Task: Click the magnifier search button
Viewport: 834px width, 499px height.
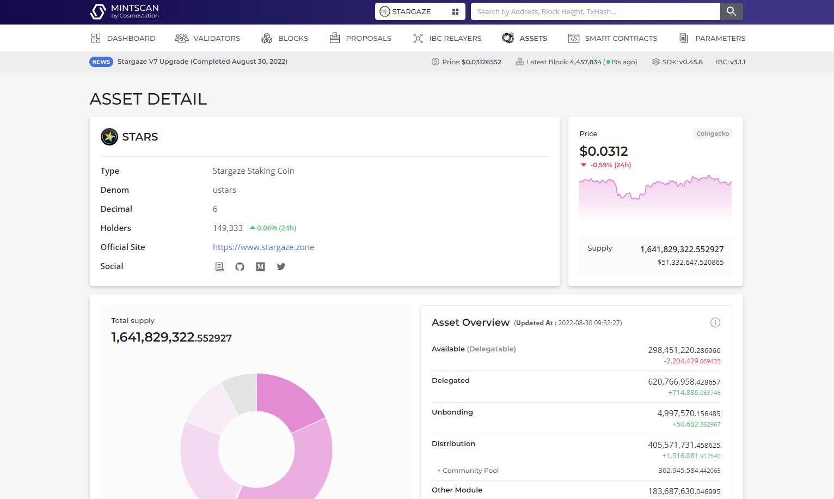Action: click(x=731, y=11)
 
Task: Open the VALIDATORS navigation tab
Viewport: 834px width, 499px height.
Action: click(x=207, y=38)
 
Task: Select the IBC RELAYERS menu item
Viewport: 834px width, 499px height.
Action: click(x=447, y=38)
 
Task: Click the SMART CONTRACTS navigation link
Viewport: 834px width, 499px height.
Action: click(x=612, y=38)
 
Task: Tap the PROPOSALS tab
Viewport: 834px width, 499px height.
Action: click(x=360, y=38)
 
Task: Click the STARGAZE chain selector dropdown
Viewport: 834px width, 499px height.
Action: click(x=420, y=11)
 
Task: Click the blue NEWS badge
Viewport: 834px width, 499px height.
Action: click(x=101, y=62)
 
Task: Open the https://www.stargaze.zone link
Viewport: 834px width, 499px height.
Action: click(x=263, y=247)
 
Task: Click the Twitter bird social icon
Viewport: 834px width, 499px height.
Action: click(x=281, y=266)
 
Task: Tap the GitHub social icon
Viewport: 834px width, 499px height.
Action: click(x=240, y=266)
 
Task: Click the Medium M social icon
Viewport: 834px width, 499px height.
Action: click(x=260, y=266)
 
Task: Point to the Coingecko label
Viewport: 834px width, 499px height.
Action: click(x=712, y=133)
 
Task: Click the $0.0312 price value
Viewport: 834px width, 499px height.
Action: click(x=603, y=151)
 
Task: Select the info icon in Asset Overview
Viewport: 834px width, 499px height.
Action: click(x=715, y=322)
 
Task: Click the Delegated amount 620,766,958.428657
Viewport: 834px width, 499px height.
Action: click(x=684, y=382)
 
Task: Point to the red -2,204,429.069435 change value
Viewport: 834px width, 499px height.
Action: click(x=691, y=361)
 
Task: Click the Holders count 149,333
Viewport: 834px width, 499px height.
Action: click(x=228, y=228)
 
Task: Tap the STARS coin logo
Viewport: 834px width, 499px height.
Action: click(x=109, y=137)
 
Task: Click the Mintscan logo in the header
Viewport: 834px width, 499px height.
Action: click(x=124, y=11)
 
